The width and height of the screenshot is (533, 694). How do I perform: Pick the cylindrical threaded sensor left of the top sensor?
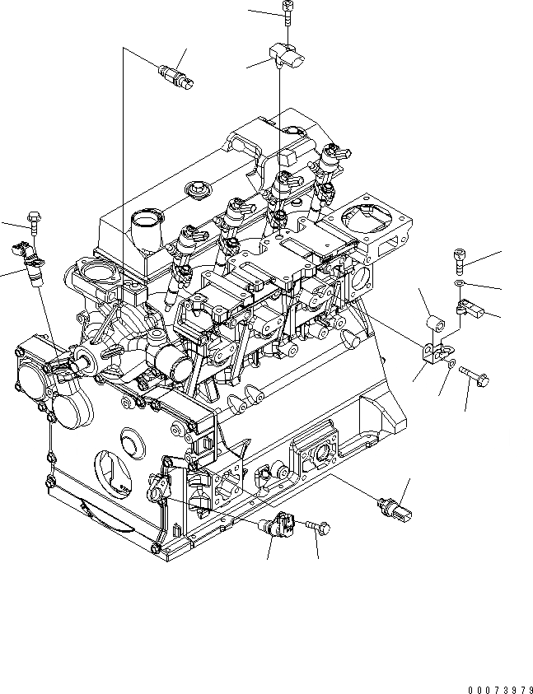click(177, 75)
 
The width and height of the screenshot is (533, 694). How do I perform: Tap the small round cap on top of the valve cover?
click(198, 189)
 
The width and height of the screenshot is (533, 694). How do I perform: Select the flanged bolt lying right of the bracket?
click(476, 375)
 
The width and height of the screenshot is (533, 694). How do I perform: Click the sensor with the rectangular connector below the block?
click(395, 507)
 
